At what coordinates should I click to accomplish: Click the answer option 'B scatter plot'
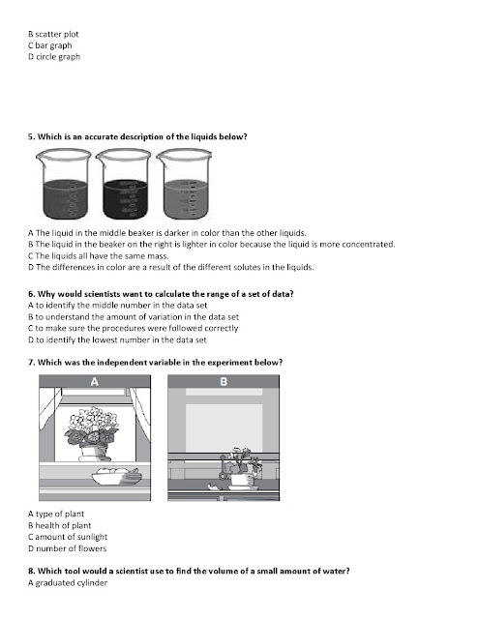click(53, 35)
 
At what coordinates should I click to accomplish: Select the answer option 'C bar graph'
click(50, 45)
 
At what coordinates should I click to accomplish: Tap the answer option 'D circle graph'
click(54, 57)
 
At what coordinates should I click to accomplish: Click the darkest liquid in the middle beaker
click(126, 199)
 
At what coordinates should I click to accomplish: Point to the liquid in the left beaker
click(65, 199)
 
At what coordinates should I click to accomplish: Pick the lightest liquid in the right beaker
click(186, 199)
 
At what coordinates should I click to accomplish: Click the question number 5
click(32, 137)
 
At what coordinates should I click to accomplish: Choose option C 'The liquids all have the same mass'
click(99, 255)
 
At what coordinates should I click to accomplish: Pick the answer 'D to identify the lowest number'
click(117, 339)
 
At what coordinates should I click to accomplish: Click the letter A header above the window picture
click(95, 381)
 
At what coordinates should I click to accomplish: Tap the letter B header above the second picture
click(224, 381)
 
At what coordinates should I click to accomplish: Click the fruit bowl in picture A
click(116, 476)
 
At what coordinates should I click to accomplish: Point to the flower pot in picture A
click(95, 453)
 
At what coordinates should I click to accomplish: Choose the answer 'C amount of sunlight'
click(68, 537)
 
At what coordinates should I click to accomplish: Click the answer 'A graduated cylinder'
click(68, 583)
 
